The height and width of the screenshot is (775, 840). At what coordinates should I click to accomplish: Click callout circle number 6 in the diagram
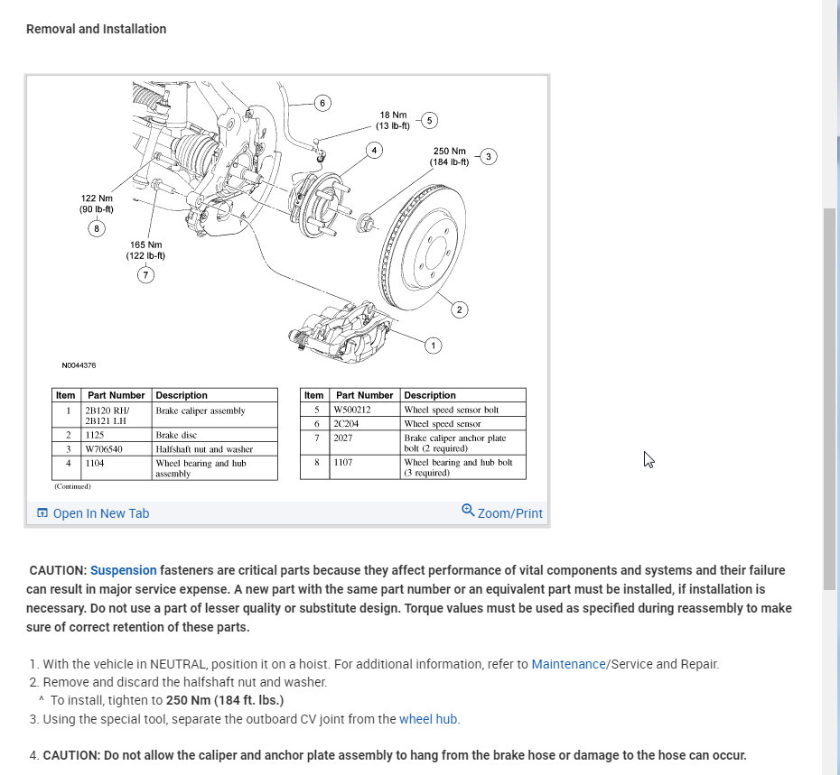click(322, 103)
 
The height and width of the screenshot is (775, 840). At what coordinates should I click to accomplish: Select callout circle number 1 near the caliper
click(433, 345)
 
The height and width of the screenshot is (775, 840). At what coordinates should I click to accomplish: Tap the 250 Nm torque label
click(449, 157)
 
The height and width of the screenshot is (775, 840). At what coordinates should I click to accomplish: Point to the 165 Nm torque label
click(145, 250)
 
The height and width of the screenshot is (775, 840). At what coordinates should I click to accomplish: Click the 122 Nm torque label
click(97, 204)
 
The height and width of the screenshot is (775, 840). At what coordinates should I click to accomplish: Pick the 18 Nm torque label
click(393, 121)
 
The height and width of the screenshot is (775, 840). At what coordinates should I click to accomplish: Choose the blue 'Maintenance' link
click(568, 664)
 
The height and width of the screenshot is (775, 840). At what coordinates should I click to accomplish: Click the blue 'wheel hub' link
click(428, 719)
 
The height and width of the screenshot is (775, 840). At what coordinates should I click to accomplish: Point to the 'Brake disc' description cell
click(177, 435)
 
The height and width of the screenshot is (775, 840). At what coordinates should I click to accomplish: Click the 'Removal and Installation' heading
click(97, 29)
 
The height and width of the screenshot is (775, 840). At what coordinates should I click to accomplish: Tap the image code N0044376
click(79, 365)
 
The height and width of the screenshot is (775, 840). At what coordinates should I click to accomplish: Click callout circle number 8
click(97, 228)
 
